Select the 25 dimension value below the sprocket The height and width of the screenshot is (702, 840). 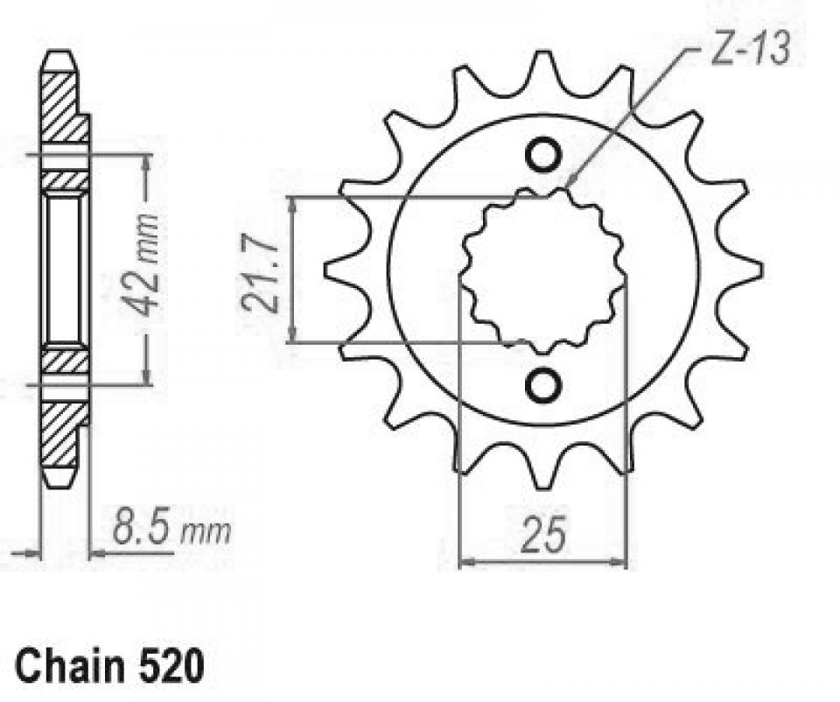point(542,536)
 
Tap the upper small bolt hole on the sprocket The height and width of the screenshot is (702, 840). point(542,154)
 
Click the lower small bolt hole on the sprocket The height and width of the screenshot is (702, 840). point(542,384)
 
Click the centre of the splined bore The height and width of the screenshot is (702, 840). point(543,269)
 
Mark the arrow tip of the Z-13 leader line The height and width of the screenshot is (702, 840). point(568,186)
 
